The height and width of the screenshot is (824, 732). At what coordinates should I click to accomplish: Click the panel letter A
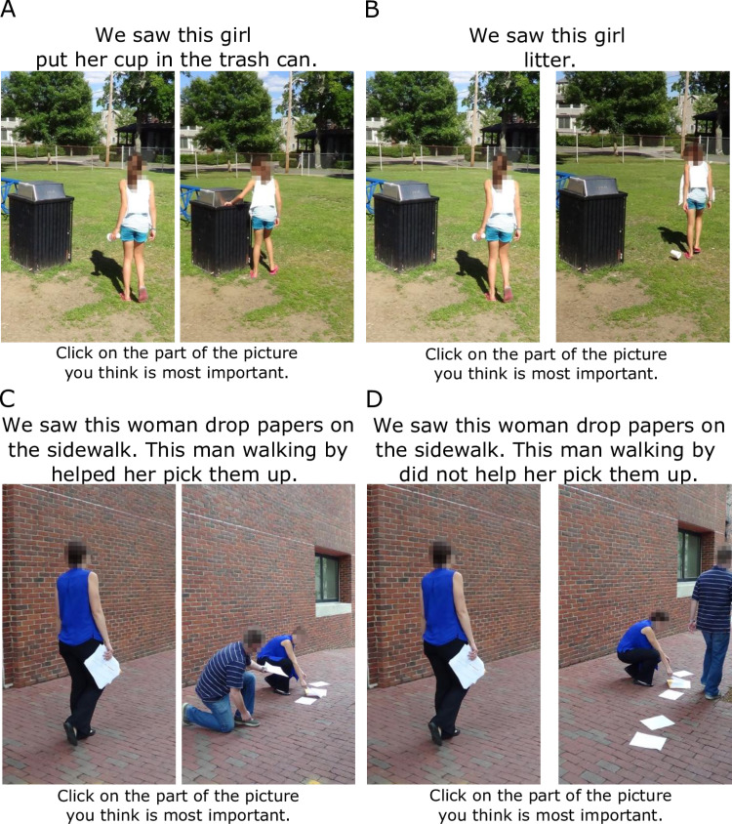(8, 9)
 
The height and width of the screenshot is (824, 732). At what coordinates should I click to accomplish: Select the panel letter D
(374, 399)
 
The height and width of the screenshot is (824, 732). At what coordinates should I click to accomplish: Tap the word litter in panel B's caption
(549, 60)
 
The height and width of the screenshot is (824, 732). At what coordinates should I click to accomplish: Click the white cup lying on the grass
(675, 255)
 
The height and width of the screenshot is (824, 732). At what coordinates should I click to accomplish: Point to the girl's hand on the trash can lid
(228, 202)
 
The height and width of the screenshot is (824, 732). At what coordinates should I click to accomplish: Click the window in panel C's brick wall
(327, 577)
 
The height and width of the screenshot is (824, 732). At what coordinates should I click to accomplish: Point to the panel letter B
(372, 9)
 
